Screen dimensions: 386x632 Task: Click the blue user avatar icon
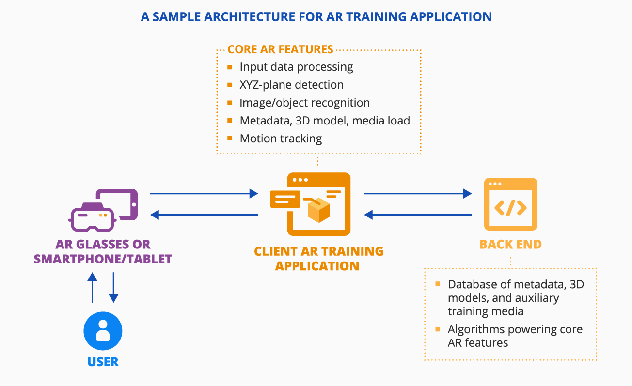(103, 331)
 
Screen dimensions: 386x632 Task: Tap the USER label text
(103, 362)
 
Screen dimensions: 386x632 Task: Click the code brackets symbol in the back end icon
(510, 207)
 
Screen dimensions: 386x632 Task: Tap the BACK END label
(510, 245)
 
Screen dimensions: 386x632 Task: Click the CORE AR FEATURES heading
(280, 49)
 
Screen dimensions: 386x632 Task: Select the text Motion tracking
(281, 139)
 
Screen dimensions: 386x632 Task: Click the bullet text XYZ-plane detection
(291, 85)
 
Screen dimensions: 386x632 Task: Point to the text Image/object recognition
(304, 103)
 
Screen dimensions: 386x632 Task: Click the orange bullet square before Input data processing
(230, 67)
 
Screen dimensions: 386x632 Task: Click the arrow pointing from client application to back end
(417, 194)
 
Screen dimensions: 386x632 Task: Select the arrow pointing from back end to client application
(417, 214)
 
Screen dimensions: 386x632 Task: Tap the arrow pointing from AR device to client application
(204, 194)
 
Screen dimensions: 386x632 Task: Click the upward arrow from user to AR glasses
(92, 287)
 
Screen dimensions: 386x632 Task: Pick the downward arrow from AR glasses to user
(113, 287)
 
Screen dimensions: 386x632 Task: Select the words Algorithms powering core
(515, 330)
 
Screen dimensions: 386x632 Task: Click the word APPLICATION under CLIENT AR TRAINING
(317, 266)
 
